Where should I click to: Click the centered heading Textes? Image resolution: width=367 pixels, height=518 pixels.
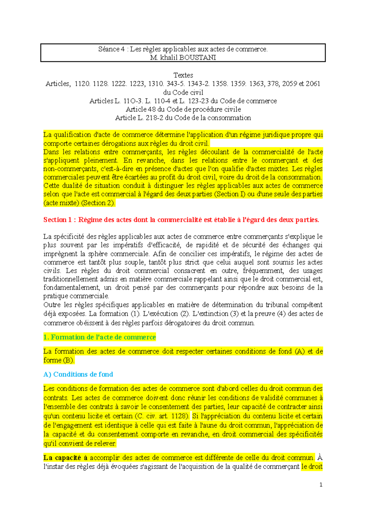[183, 75]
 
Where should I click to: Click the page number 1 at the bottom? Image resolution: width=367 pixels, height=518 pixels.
[321, 484]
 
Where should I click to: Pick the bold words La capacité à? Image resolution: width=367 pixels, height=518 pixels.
[65, 458]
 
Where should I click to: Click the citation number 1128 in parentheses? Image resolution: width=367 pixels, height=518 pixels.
[179, 416]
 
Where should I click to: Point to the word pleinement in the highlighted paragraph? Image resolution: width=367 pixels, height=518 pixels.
[101, 160]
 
